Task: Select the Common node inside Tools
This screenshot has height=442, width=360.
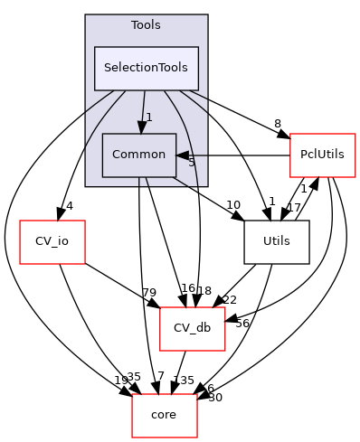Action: (x=138, y=154)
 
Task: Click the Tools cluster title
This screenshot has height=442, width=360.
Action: (x=146, y=24)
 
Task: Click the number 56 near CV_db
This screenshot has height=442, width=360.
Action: (x=242, y=323)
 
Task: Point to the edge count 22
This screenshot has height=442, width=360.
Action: (x=230, y=299)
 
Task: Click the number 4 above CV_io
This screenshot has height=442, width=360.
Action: (x=69, y=204)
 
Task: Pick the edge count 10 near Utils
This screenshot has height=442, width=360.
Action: (x=233, y=204)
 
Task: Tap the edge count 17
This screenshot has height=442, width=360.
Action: (x=293, y=206)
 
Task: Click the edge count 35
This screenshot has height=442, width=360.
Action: (x=134, y=377)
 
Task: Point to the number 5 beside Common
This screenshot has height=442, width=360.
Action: (x=191, y=163)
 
